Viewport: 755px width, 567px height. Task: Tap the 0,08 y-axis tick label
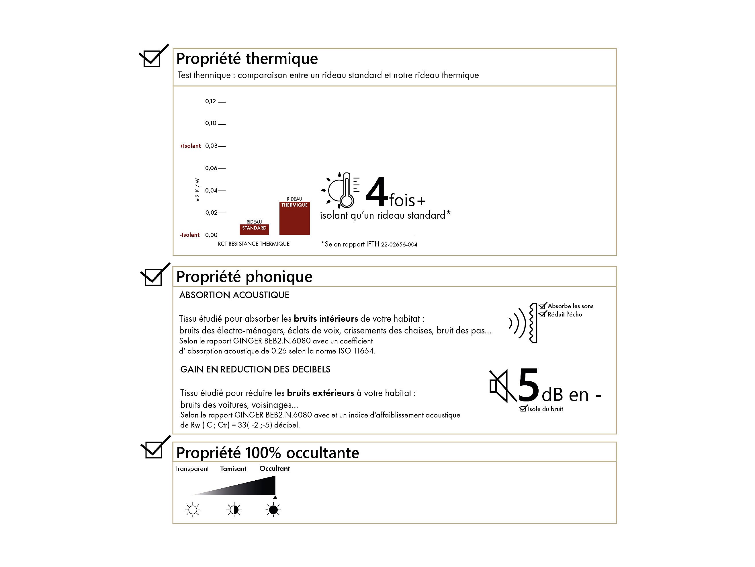click(x=211, y=146)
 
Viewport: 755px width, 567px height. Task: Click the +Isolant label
click(x=190, y=146)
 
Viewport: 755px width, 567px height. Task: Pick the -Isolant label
click(x=190, y=235)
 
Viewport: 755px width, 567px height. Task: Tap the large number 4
click(x=377, y=193)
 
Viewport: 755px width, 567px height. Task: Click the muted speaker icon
click(x=502, y=386)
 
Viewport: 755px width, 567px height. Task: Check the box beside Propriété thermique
click(x=152, y=59)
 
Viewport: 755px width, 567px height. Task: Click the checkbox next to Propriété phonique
click(x=153, y=277)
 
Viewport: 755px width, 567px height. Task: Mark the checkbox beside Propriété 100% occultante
click(x=154, y=450)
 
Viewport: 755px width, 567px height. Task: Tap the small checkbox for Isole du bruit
click(x=523, y=409)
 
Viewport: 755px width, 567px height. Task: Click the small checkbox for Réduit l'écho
click(x=542, y=314)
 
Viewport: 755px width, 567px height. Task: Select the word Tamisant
click(x=233, y=469)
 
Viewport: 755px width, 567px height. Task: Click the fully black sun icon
click(x=273, y=510)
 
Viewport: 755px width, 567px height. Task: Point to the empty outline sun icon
click(x=193, y=510)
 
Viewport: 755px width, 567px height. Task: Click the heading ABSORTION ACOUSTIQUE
click(x=234, y=295)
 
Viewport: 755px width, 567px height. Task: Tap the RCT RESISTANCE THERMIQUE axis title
click(x=254, y=244)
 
